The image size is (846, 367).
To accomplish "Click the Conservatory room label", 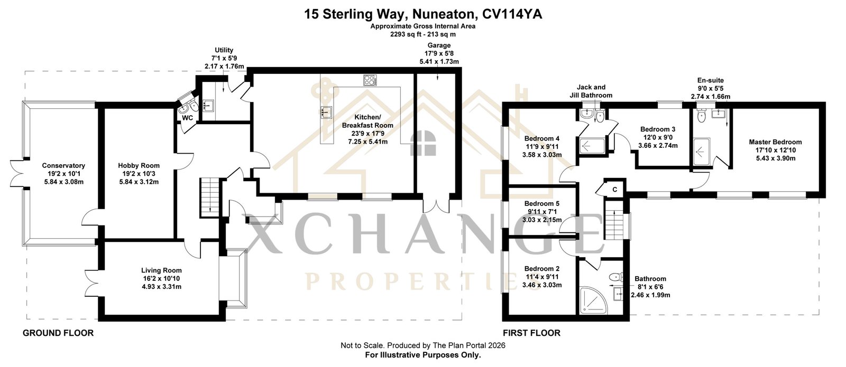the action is [63, 166].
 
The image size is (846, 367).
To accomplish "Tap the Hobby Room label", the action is [139, 166].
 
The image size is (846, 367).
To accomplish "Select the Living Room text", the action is [161, 270].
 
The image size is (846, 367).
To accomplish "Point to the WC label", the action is [187, 118].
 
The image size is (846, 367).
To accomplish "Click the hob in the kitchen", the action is [370, 80].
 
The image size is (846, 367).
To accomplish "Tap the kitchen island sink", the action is [326, 112].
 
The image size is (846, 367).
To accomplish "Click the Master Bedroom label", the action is [775, 142].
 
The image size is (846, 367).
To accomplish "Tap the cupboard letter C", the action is [614, 190].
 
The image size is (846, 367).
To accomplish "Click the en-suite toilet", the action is [701, 116].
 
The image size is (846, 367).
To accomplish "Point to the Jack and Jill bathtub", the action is [592, 145].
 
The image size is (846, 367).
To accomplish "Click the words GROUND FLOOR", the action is [58, 333].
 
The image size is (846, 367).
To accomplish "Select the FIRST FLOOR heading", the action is [531, 333].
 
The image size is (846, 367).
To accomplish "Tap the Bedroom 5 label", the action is [542, 204].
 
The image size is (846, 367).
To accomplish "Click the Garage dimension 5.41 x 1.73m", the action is [439, 61].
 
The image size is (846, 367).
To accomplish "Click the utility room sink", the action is [208, 105].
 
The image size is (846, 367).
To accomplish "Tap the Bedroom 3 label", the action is [658, 129].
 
